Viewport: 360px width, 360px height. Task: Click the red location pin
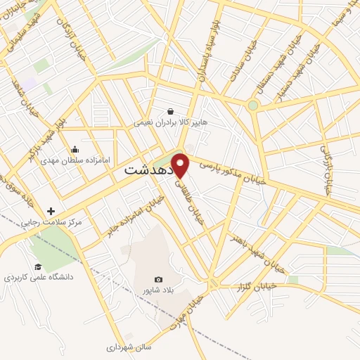point(181,165)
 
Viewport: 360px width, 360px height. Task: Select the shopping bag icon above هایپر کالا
point(170,111)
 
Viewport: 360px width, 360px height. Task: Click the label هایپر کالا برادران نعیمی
point(170,122)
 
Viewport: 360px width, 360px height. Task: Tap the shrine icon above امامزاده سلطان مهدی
point(75,149)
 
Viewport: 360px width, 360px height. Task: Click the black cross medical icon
point(51,211)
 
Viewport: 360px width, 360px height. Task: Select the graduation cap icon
point(38,266)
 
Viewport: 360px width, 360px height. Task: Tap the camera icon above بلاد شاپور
point(158,280)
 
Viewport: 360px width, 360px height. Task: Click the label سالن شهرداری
point(129,347)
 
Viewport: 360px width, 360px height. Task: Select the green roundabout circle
point(253,105)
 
